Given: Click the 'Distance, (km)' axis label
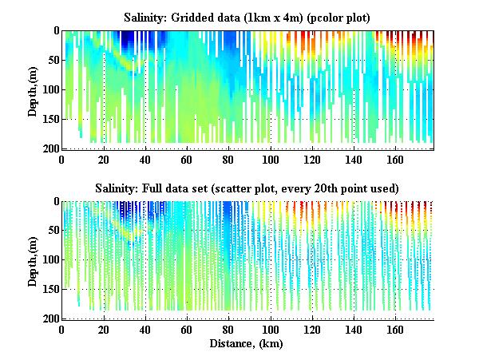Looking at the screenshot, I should coord(247,343).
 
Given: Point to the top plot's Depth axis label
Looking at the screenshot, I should coord(33,89).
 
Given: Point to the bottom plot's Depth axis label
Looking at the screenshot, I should coord(33,259).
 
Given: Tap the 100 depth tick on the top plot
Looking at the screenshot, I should coord(49,89).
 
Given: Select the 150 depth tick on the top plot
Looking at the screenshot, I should coord(49,119).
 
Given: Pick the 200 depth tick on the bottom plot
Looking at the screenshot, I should coord(49,318).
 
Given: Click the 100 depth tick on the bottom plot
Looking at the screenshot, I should coord(49,259).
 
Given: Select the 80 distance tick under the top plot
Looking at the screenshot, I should coord(228,159).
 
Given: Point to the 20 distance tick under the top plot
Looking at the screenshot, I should coord(104,159).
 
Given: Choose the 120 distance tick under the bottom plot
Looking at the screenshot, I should coord(311,329).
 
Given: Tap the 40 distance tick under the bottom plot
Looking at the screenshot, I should coord(145,329).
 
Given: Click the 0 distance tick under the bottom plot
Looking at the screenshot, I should coord(62,329).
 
